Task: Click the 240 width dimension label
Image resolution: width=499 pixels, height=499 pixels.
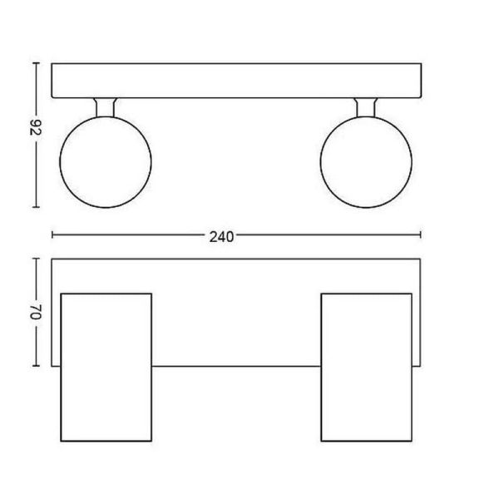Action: [x=220, y=235]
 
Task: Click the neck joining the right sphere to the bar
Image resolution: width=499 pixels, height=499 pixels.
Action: [x=365, y=108]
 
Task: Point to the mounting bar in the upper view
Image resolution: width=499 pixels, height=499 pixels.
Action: [x=236, y=81]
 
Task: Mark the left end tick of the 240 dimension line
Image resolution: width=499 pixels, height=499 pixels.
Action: [x=52, y=235]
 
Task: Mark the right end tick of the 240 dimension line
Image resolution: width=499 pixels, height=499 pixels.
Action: [x=422, y=235]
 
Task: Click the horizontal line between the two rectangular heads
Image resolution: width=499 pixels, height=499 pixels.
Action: [x=236, y=366]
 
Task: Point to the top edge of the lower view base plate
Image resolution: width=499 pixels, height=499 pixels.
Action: [x=236, y=259]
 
